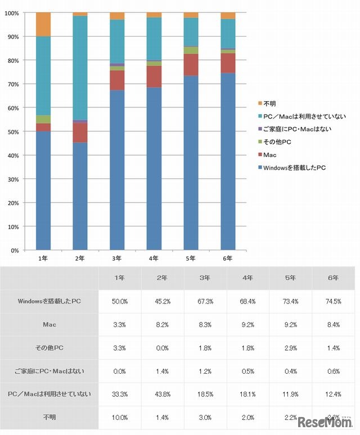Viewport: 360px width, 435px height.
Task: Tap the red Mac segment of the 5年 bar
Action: click(191, 65)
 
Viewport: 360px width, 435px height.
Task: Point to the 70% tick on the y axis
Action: click(13, 84)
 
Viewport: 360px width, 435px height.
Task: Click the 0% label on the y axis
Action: click(15, 250)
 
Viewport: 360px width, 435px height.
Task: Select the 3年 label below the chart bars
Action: click(117, 259)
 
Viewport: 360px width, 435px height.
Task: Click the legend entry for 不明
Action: click(271, 103)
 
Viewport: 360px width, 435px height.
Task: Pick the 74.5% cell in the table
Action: click(333, 301)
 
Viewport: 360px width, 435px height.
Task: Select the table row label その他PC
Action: click(49, 348)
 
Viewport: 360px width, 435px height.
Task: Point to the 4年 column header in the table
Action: click(247, 278)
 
